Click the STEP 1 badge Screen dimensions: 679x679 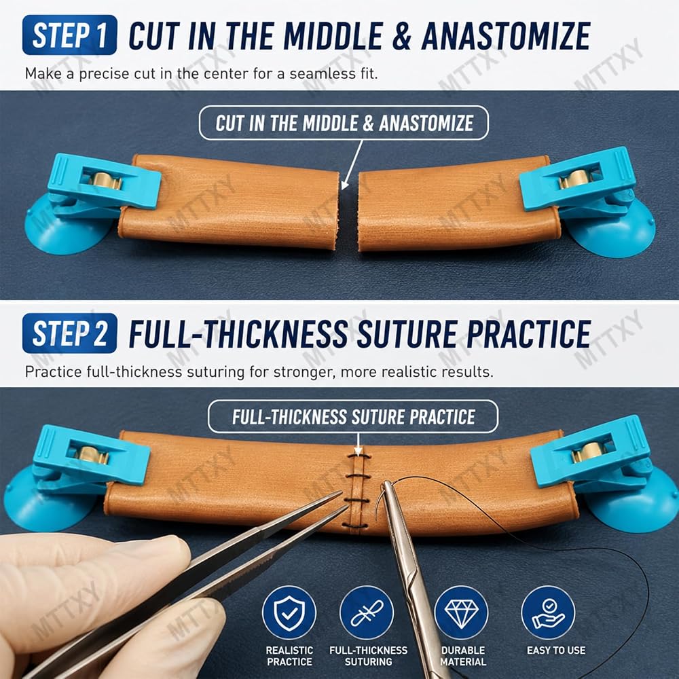[69, 35]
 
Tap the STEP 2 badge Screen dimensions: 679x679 [69, 333]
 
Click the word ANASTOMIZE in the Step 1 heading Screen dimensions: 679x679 [506, 36]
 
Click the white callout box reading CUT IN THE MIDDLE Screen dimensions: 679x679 [344, 123]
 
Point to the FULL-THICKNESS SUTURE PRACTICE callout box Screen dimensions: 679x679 [353, 417]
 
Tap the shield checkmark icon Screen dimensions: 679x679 [289, 612]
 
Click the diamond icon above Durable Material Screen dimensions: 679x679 [461, 612]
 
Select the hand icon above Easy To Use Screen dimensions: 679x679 [548, 612]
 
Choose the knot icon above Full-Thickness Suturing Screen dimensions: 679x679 [367, 612]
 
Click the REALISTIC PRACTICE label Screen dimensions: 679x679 [289, 656]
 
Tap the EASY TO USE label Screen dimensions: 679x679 [556, 650]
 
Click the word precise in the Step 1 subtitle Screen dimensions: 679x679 [105, 74]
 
